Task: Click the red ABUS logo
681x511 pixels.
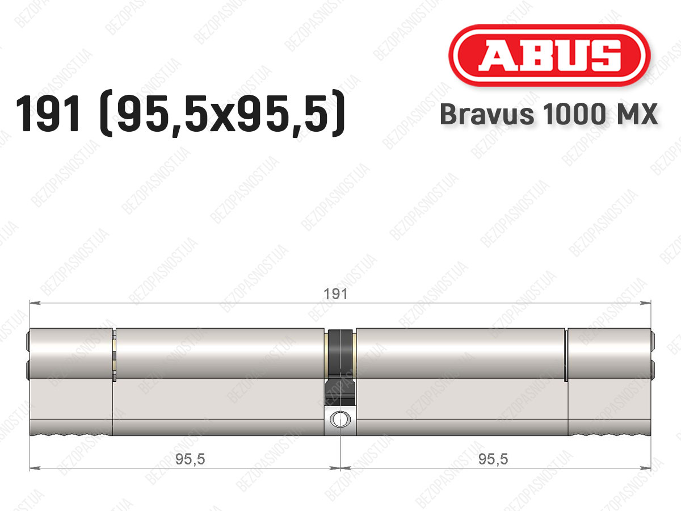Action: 549,56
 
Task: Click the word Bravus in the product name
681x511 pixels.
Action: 487,114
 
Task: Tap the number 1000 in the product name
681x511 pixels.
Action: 574,114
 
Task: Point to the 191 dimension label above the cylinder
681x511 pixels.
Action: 336,294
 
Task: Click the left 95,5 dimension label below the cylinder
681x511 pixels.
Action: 190,459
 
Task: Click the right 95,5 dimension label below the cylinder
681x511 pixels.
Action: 493,459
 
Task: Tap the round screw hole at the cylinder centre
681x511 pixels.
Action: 340,419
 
